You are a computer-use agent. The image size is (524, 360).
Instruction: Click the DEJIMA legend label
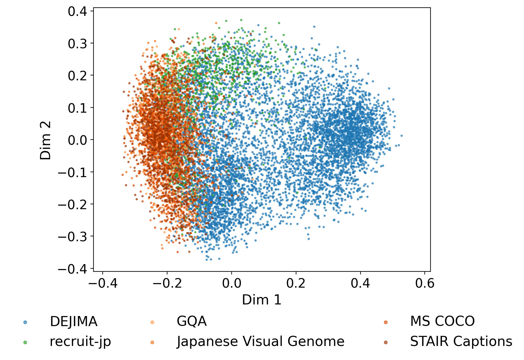pyautogui.click(x=73, y=322)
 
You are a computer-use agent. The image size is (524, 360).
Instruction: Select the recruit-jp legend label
pyautogui.click(x=80, y=341)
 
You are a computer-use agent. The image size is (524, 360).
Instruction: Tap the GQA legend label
pyautogui.click(x=192, y=322)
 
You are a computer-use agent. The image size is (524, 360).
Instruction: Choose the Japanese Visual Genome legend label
pyautogui.click(x=261, y=341)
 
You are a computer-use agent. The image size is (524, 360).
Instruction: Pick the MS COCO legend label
pyautogui.click(x=442, y=322)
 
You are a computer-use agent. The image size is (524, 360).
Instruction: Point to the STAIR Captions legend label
pyautogui.click(x=461, y=341)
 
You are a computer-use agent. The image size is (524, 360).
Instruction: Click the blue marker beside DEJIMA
pyautogui.click(x=25, y=322)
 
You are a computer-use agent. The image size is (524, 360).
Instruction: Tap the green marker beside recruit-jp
pyautogui.click(x=25, y=342)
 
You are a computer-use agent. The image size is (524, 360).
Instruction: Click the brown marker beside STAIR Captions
pyautogui.click(x=386, y=342)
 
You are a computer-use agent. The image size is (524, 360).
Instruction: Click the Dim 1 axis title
pyautogui.click(x=262, y=300)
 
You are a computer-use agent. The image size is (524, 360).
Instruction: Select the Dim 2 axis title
pyautogui.click(x=45, y=140)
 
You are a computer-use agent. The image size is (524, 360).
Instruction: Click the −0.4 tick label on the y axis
pyautogui.click(x=72, y=269)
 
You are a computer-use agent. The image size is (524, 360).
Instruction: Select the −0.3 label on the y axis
pyautogui.click(x=72, y=237)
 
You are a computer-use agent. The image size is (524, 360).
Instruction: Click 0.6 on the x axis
pyautogui.click(x=424, y=284)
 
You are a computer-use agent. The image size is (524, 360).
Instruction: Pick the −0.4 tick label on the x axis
pyautogui.click(x=103, y=284)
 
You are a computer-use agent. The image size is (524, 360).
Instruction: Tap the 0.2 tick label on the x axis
pyautogui.click(x=296, y=284)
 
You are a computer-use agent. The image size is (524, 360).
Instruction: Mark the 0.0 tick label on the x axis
pyautogui.click(x=231, y=284)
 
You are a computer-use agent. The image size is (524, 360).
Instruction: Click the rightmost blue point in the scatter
pyautogui.click(x=401, y=136)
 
